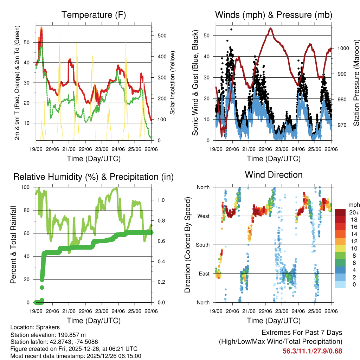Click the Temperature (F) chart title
(94, 15)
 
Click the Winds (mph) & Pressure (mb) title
(274, 15)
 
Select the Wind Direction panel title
(274, 175)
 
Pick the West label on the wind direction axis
(203, 216)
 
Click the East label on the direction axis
(204, 274)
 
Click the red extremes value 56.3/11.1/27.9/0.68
(312, 351)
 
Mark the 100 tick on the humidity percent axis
(26, 187)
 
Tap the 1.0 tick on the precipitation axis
(160, 200)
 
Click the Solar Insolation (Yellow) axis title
(173, 83)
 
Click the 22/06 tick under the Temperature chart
(85, 149)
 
